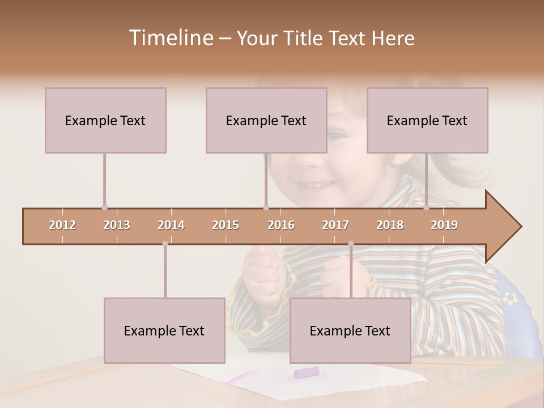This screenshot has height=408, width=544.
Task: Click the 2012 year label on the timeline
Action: [x=62, y=225]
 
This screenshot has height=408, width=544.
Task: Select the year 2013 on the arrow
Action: [x=117, y=225]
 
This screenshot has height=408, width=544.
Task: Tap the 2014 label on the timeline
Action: [x=171, y=225]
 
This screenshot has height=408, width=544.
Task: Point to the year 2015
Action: [x=226, y=225]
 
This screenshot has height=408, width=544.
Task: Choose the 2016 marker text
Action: [x=281, y=225]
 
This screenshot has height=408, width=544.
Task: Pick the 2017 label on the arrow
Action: [x=335, y=225]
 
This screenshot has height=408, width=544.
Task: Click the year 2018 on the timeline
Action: [x=390, y=225]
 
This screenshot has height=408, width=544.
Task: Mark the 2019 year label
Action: [x=444, y=225]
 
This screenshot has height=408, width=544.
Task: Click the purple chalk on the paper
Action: [x=306, y=372]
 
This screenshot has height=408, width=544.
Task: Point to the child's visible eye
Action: [x=335, y=136]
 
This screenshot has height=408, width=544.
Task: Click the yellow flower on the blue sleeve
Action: [x=511, y=297]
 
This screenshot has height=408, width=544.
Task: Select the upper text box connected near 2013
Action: [x=105, y=120]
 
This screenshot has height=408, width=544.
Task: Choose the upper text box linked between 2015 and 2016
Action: [x=266, y=120]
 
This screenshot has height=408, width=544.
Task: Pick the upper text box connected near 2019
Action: [x=427, y=120]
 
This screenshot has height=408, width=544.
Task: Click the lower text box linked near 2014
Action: [x=164, y=330]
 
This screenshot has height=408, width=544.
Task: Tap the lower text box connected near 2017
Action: [x=350, y=330]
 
